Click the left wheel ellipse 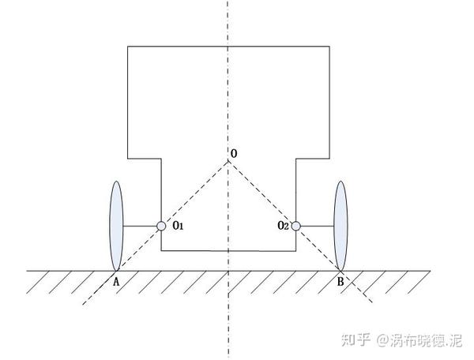pos(115,224)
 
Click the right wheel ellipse pos(341,224)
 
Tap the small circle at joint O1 pos(161,227)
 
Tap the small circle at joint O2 pos(296,227)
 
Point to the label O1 pos(177,227)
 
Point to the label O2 pos(283,227)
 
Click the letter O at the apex pos(233,151)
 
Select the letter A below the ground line pos(116,280)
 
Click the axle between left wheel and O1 pos(140,227)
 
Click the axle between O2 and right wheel pos(318,227)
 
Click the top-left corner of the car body pos(128,47)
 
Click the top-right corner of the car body pos(330,47)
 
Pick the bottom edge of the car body pos(228,251)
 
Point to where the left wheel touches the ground pos(115,270)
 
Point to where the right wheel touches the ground pos(341,270)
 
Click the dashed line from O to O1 pos(195,193)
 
